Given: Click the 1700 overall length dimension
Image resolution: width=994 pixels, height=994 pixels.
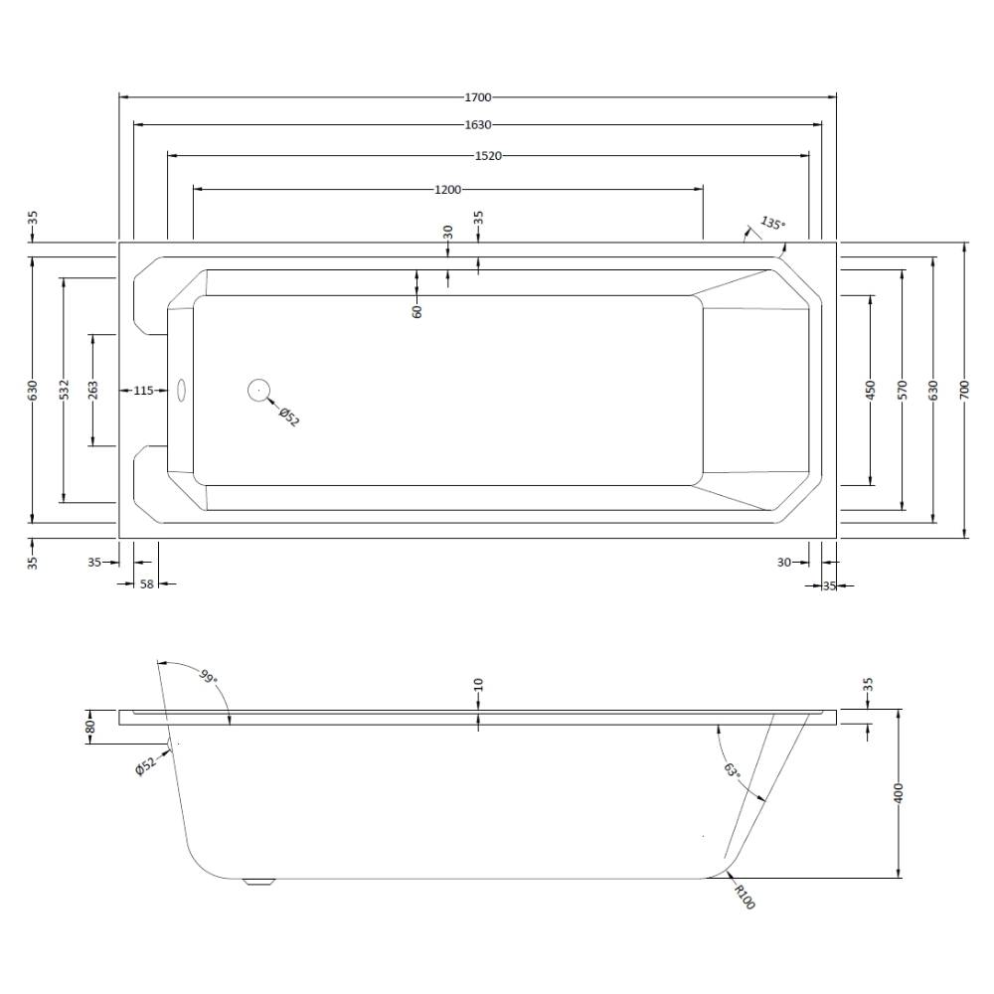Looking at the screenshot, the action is tap(478, 97).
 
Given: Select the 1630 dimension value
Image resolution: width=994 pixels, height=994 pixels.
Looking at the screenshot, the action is tap(478, 125).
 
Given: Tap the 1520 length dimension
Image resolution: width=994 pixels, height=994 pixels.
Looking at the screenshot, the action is tap(488, 156).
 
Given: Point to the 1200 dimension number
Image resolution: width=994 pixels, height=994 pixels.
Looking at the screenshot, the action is tap(447, 190).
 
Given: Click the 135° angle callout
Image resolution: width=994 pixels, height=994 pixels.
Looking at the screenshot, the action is tap(772, 224).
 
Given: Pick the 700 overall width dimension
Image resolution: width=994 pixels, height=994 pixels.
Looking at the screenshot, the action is tap(965, 390).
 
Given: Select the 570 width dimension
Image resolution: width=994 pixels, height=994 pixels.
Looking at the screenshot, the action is tap(904, 390).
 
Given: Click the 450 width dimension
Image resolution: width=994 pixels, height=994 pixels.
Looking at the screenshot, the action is tap(870, 390).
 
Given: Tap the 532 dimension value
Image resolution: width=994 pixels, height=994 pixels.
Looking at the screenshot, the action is tap(64, 390).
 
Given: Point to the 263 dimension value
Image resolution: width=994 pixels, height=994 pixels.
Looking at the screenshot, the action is tap(93, 390).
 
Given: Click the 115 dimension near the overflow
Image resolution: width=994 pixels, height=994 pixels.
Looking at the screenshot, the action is tap(144, 391).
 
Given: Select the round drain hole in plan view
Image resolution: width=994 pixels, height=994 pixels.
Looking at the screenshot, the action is tap(258, 391).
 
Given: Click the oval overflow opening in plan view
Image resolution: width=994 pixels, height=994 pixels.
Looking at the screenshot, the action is tap(181, 391).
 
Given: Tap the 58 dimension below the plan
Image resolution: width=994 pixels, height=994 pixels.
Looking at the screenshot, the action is tap(146, 583).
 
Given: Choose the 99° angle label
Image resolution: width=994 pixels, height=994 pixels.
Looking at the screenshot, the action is tap(208, 676).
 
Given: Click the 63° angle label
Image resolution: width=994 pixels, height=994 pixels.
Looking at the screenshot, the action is tap(731, 771).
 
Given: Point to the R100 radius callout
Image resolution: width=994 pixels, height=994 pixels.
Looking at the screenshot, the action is tap(745, 897).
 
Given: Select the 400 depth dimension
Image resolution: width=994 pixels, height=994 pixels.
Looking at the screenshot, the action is tap(898, 793).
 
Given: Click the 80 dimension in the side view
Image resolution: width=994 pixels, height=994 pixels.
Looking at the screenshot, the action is tap(90, 727).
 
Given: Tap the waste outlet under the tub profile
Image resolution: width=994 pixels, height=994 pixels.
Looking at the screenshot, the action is tap(259, 882).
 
